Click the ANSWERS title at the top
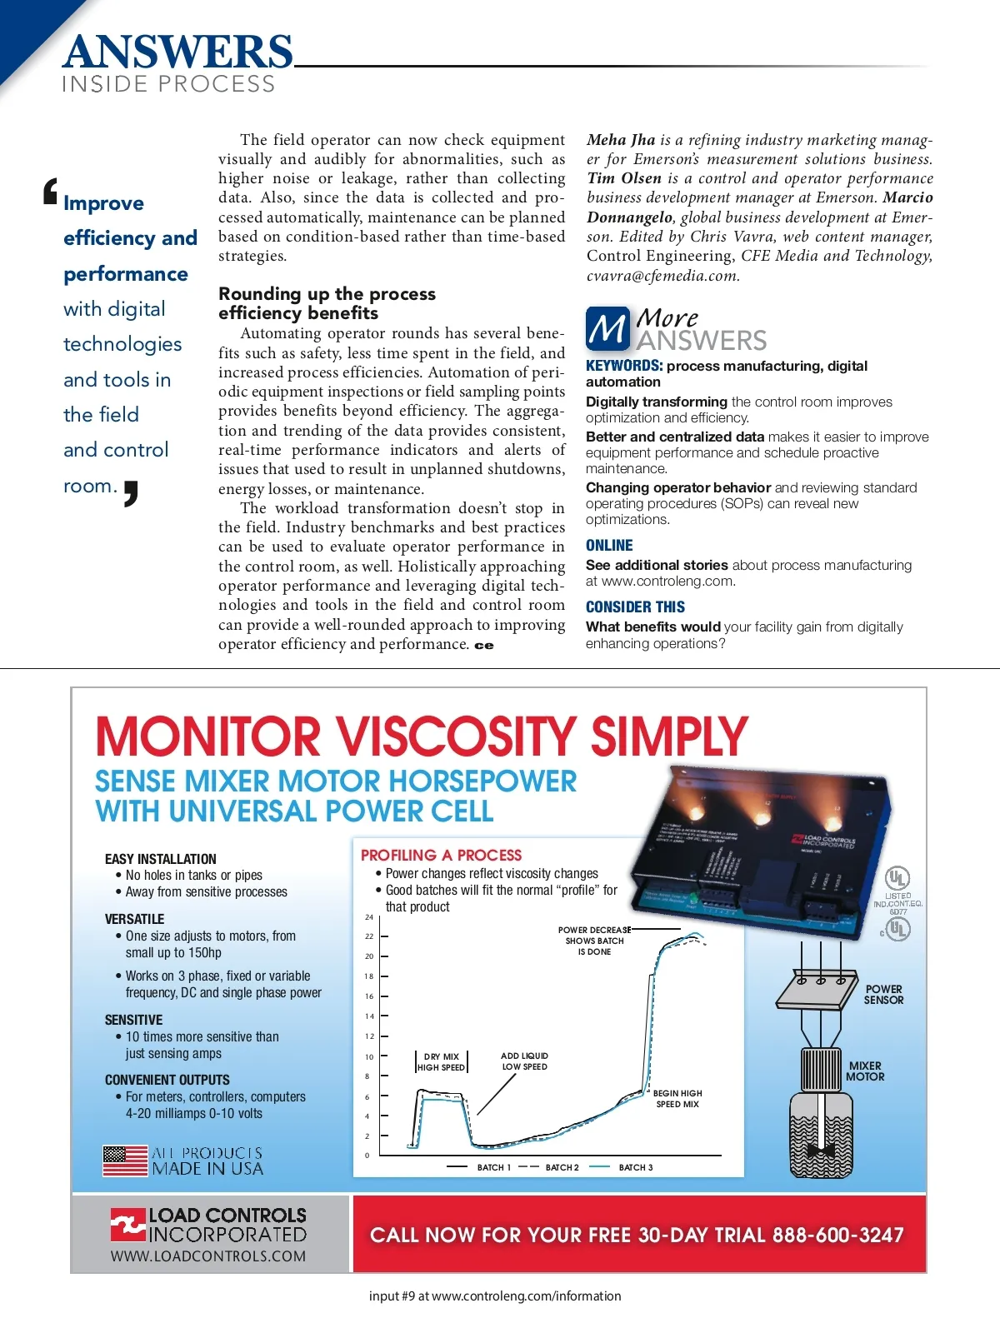point(177,52)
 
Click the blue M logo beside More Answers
point(607,328)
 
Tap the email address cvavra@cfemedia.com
point(662,276)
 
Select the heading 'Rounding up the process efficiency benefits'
point(327,303)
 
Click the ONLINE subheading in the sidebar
point(609,546)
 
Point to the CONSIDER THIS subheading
point(635,607)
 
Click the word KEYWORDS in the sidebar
point(623,366)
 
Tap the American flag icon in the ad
point(125,1161)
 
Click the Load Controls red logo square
point(127,1225)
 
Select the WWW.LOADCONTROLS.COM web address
point(208,1256)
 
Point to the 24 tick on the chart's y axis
point(369,917)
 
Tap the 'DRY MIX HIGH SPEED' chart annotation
point(441,1061)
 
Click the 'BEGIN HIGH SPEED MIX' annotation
point(677,1098)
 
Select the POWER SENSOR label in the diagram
point(883,995)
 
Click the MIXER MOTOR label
point(865,1071)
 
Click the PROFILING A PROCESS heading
point(441,855)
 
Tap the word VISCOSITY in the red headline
point(455,736)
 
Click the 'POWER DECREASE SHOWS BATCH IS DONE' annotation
point(594,941)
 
